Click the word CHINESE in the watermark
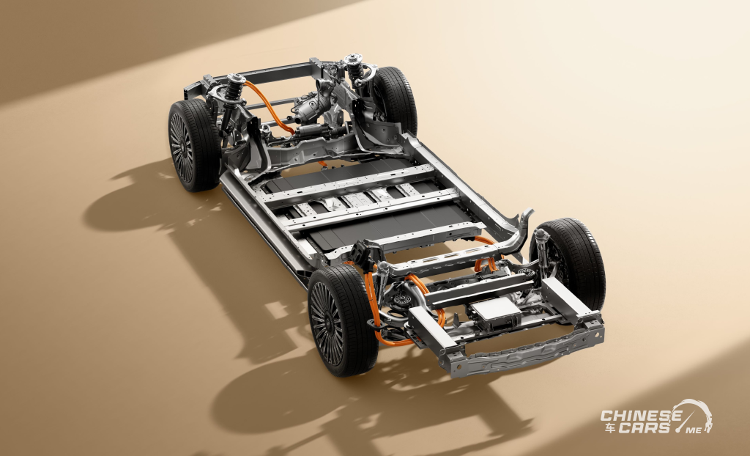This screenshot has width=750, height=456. click(641, 415)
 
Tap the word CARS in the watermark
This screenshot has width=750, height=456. click(644, 427)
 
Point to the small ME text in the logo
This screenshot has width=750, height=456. click(694, 430)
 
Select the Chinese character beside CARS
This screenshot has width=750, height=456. click(609, 427)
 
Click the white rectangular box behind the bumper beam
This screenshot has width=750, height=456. click(496, 314)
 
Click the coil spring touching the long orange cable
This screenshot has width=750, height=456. click(235, 89)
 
